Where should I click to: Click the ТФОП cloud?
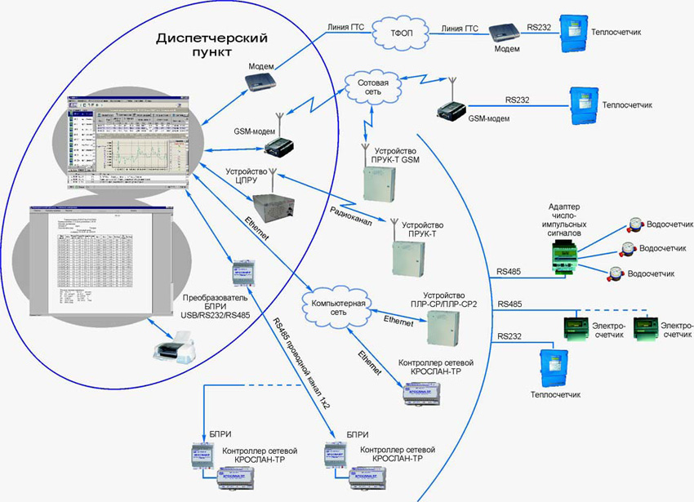tap(397, 35)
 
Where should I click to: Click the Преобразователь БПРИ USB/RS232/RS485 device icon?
tap(242, 273)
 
